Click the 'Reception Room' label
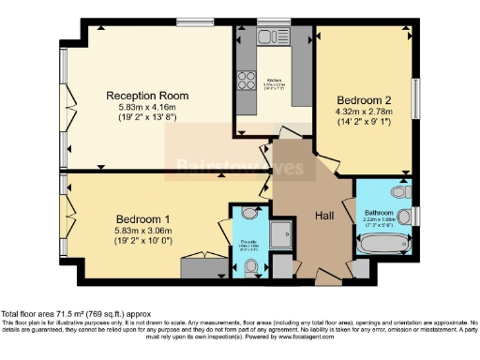coord(147,96)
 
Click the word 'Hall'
coord(326,216)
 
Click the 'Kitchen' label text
coord(276,81)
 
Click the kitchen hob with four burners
coord(248,80)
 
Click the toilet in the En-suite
coord(249,268)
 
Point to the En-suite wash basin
coord(249,213)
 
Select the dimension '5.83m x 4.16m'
coord(147,108)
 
